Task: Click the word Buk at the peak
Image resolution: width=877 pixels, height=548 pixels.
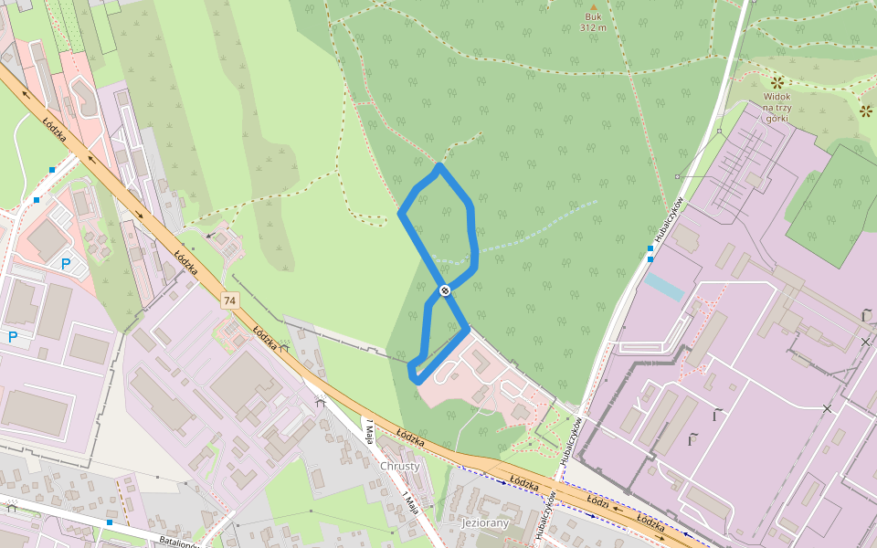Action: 593,16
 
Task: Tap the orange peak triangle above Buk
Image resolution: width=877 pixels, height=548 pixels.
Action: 593,5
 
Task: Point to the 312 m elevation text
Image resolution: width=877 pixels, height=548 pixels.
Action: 593,27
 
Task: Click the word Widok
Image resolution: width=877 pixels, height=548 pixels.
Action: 777,96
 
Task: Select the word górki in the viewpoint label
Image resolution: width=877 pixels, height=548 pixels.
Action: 776,118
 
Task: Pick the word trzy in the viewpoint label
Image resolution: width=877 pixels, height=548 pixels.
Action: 785,107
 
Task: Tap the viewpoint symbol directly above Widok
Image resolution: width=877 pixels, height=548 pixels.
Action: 777,82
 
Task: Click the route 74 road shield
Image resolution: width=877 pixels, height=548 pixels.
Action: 228,300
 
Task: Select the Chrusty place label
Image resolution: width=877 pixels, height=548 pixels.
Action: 400,466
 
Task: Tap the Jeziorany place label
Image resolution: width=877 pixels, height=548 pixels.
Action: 473,523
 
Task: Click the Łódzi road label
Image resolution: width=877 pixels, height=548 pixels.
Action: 598,503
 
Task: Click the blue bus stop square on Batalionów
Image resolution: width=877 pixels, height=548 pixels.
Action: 109,522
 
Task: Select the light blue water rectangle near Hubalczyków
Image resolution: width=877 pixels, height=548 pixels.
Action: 663,286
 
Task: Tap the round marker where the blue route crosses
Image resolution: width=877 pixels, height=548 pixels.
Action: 445,290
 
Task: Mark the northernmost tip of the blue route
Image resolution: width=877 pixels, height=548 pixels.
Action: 440,166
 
